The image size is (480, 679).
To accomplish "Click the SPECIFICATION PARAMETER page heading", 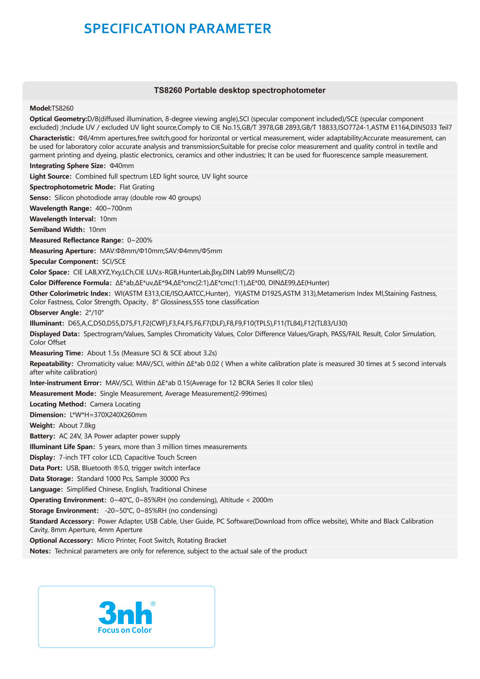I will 177,29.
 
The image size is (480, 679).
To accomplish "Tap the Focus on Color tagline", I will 125,630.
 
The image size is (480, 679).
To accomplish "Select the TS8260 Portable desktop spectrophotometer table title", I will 240,91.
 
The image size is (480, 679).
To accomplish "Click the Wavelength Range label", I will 60,209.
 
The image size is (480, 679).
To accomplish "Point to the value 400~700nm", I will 113,209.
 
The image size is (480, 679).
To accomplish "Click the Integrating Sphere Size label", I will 67,166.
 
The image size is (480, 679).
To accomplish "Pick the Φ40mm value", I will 122,166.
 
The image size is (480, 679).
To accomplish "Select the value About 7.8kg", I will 77,426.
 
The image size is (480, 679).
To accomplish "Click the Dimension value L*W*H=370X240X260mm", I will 108,415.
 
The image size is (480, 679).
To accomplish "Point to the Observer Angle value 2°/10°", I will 94,313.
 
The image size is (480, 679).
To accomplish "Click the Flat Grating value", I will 137,187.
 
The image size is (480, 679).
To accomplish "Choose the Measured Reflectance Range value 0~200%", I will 140,240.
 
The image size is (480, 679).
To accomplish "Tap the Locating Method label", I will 58,405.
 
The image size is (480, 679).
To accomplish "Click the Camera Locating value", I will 115,405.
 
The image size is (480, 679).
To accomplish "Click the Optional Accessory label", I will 61,541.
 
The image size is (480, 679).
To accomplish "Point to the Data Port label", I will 46,468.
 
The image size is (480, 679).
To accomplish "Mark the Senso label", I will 40,198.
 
